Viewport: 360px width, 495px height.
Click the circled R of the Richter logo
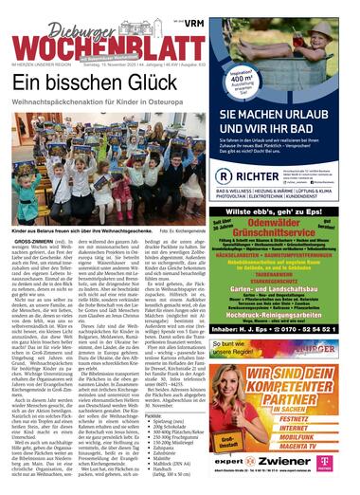coord(225,175)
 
